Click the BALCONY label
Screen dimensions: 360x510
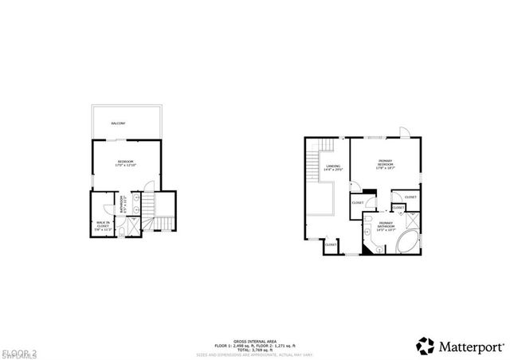click(x=118, y=123)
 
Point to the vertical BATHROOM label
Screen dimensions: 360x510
click(x=122, y=204)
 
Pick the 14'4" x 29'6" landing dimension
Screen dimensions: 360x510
click(x=327, y=170)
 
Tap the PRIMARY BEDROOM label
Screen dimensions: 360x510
click(x=386, y=162)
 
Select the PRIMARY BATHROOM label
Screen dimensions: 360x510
click(x=385, y=225)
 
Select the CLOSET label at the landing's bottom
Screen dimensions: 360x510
click(x=331, y=245)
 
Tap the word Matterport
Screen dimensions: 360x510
click(x=467, y=345)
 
